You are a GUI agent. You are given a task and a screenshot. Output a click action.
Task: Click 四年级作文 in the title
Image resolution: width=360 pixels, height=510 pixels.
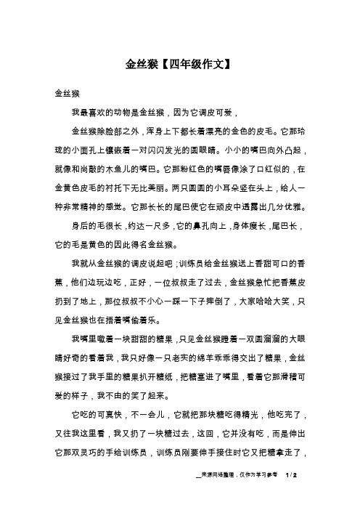tap(194, 63)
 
